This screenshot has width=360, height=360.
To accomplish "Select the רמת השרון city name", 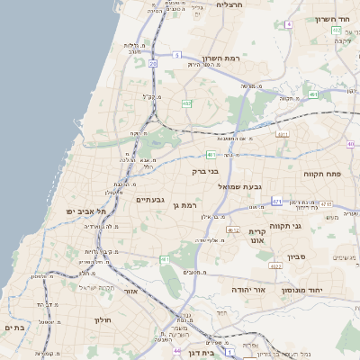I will pos(220,57).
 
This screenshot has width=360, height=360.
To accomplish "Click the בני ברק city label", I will pos(206,169).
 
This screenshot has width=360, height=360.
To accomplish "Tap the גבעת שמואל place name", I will pos(240,185).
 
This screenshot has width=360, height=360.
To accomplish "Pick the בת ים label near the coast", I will pos(13,328).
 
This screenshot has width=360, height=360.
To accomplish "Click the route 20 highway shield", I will pos(153,64).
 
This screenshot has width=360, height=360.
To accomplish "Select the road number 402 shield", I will pos(186,104).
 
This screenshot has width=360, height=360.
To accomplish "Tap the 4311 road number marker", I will pos(283,134).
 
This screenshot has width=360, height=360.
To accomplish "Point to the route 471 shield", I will pos(276,202).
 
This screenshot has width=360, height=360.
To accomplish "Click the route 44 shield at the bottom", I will pos(177,351).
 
